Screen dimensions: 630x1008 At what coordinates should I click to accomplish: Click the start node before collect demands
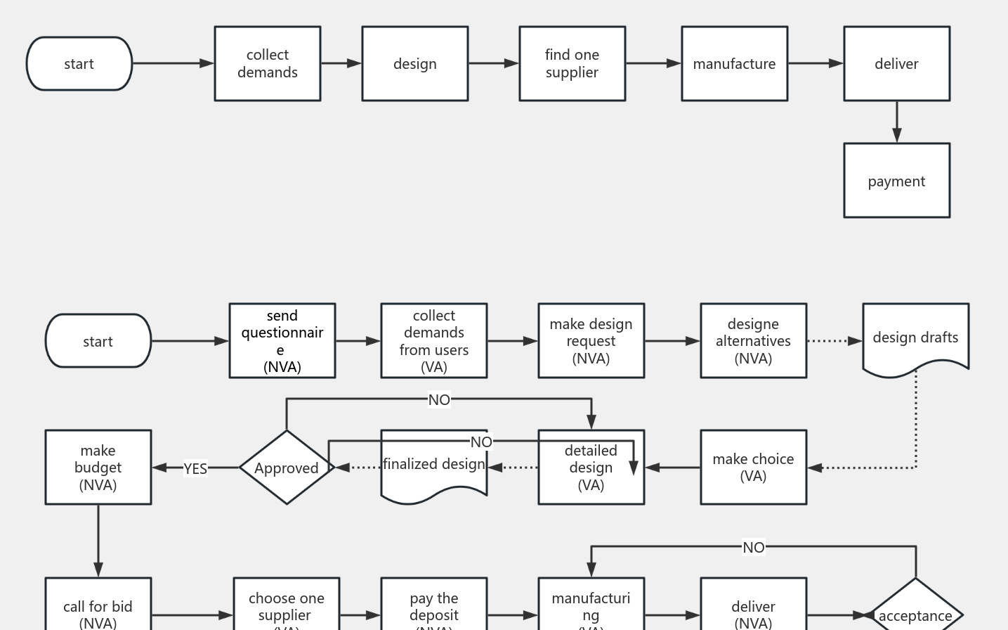[79, 64]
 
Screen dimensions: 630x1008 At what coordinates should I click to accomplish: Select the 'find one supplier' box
[572, 64]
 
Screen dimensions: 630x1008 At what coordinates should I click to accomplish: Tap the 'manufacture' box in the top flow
[734, 64]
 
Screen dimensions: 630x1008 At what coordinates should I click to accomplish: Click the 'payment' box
[896, 181]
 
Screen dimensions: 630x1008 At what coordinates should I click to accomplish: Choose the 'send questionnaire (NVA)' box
[282, 341]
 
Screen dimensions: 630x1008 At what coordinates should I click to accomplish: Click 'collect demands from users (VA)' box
[433, 341]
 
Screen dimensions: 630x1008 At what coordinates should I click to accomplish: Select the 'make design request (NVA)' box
[591, 341]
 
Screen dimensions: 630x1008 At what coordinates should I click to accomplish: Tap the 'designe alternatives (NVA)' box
[753, 341]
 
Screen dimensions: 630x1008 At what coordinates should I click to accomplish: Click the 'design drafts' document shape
[915, 337]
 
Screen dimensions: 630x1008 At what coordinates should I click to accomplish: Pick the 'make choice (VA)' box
[753, 468]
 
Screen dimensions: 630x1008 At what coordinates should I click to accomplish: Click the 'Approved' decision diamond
[286, 468]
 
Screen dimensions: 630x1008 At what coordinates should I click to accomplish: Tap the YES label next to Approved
[195, 468]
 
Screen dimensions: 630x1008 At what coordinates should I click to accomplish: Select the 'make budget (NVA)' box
[98, 468]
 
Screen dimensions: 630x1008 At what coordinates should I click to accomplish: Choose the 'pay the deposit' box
[433, 606]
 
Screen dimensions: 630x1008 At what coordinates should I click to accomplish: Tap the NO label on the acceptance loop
[753, 547]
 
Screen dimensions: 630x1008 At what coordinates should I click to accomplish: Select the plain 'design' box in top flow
[414, 64]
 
